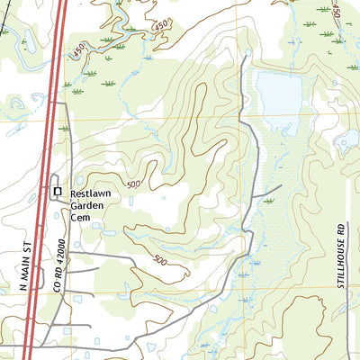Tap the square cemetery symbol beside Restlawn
tap(58, 192)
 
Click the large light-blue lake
tap(280, 93)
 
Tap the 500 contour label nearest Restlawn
tap(135, 184)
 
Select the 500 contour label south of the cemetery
tap(159, 261)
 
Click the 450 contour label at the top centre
tap(160, 28)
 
